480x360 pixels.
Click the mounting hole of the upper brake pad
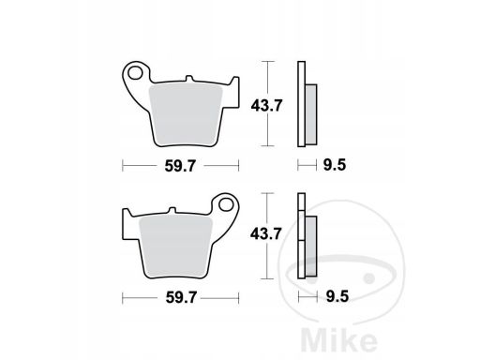click(135, 73)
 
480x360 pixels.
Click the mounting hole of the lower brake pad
click(226, 204)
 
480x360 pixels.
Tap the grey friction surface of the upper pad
click(186, 115)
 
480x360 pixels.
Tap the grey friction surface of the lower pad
click(176, 247)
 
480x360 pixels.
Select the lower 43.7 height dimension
click(266, 233)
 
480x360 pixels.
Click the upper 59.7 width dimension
click(180, 166)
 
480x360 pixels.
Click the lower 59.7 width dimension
click(181, 297)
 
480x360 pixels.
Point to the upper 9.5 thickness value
click(335, 165)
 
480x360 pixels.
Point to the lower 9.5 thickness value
click(337, 296)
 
